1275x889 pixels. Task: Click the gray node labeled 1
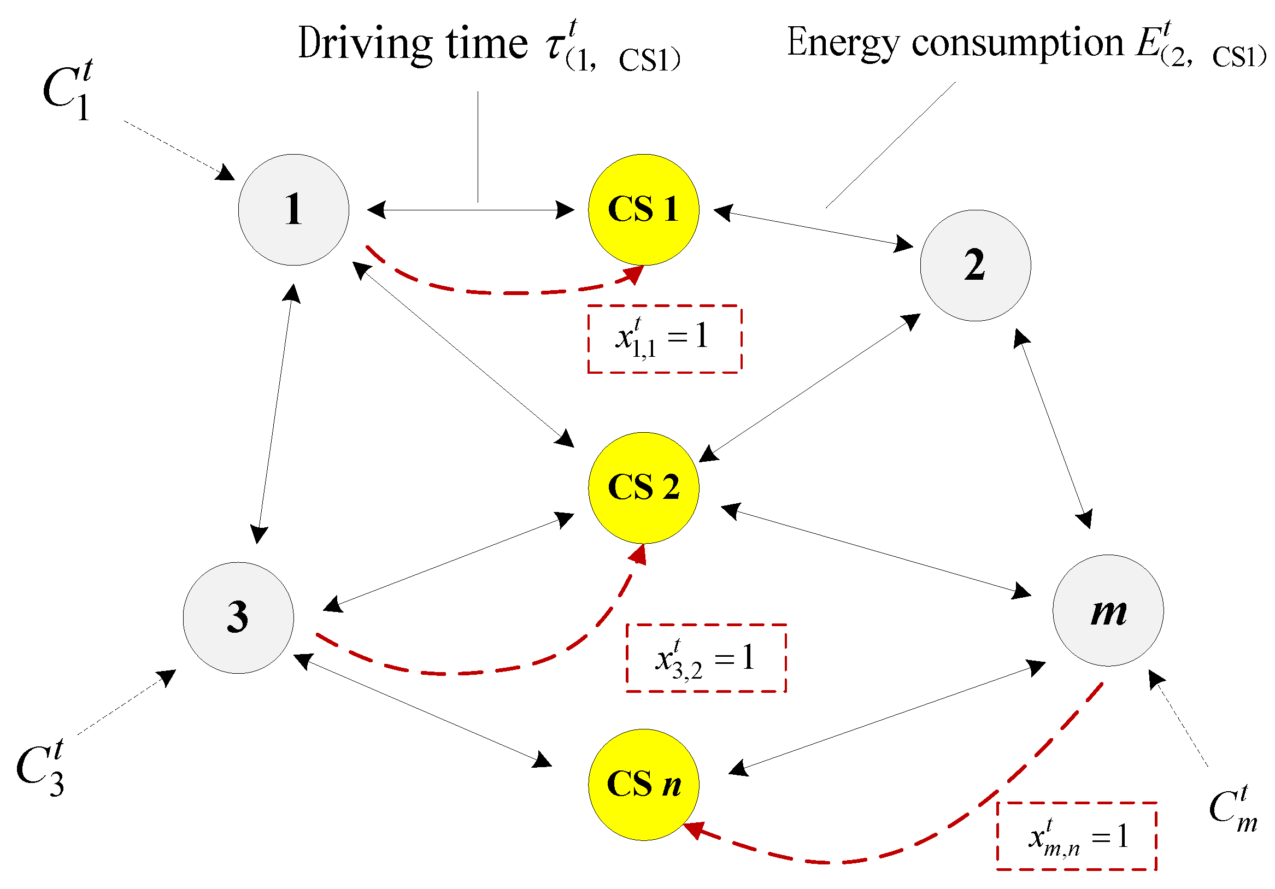[x=294, y=210]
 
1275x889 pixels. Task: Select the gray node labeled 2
[x=975, y=266]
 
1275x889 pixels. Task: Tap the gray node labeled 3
[x=238, y=617]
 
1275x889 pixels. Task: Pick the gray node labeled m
[x=1108, y=610]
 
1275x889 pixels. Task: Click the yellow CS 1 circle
[x=644, y=210]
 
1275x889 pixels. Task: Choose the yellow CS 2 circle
[x=644, y=487]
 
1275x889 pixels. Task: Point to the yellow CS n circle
[x=644, y=785]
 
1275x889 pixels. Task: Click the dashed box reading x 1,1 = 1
[x=665, y=339]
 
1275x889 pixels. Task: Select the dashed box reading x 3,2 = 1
[x=706, y=658]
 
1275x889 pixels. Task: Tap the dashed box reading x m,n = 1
[x=1076, y=835]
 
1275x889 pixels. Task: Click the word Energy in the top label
[x=842, y=43]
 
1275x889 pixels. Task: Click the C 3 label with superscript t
[x=40, y=768]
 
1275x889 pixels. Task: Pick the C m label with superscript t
[x=1233, y=809]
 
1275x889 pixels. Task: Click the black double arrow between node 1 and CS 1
[x=471, y=210]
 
